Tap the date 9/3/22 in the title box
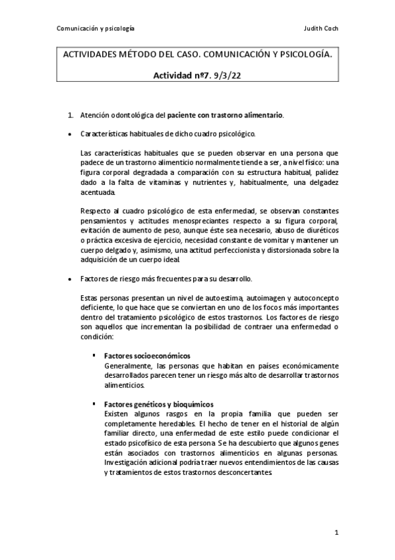pos(234,75)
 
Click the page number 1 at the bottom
pos(336,532)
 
